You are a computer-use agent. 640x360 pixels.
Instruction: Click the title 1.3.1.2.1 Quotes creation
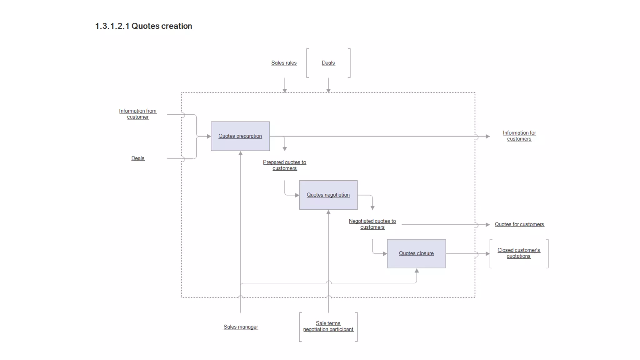click(x=143, y=26)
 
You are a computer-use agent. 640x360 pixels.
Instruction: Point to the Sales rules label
click(x=284, y=63)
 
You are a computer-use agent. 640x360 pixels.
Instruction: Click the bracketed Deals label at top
click(x=328, y=63)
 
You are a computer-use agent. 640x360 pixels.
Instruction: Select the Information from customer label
click(x=138, y=114)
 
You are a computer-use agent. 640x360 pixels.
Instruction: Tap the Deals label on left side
click(x=138, y=158)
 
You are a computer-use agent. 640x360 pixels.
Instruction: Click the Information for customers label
click(x=519, y=136)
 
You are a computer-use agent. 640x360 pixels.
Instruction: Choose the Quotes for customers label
click(x=519, y=224)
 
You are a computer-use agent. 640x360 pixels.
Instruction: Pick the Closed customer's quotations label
click(x=519, y=253)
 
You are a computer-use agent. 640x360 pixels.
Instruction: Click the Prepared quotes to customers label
click(x=284, y=165)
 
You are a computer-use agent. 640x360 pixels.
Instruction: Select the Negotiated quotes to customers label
click(x=372, y=224)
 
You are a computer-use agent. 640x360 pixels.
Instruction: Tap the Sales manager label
click(x=241, y=327)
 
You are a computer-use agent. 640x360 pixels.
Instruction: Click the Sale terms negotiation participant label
click(x=328, y=326)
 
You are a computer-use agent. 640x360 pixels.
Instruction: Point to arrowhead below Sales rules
click(x=285, y=91)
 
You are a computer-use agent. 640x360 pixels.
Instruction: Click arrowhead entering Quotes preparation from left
click(x=209, y=136)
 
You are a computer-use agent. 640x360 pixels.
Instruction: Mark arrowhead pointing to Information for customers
click(x=487, y=136)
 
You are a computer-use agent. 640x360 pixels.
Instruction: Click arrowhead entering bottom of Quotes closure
click(x=417, y=271)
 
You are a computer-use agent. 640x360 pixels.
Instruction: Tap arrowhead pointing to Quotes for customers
click(x=487, y=225)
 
